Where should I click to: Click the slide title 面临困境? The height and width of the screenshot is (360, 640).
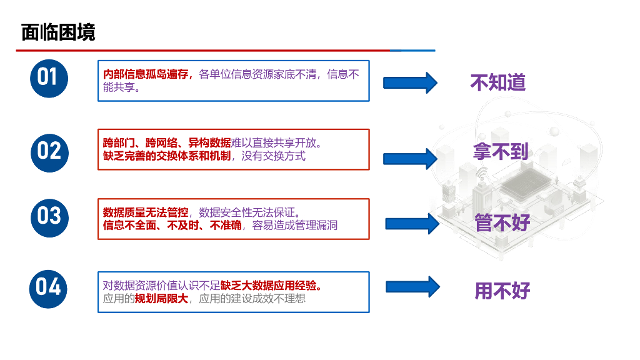click(58, 32)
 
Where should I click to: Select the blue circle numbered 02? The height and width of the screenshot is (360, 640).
click(49, 151)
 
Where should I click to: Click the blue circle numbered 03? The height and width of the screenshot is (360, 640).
click(49, 216)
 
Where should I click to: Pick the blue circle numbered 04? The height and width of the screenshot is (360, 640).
click(49, 287)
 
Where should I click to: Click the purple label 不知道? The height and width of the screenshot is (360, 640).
click(498, 82)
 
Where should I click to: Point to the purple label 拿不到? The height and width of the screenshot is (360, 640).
click(501, 151)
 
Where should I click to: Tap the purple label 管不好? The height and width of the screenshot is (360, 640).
click(502, 222)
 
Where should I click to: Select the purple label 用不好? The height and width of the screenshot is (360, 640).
click(502, 291)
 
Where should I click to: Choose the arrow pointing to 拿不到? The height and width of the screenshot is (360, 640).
click(409, 158)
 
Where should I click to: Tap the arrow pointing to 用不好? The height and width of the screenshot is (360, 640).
click(413, 287)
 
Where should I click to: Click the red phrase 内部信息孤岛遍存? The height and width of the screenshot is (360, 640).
click(146, 74)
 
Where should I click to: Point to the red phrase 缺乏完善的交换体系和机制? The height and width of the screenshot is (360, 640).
click(167, 156)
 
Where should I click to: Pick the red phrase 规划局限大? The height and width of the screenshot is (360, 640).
click(161, 299)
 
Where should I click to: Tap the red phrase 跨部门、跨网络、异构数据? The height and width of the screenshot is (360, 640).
click(167, 142)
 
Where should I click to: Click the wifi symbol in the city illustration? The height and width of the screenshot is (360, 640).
click(481, 173)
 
